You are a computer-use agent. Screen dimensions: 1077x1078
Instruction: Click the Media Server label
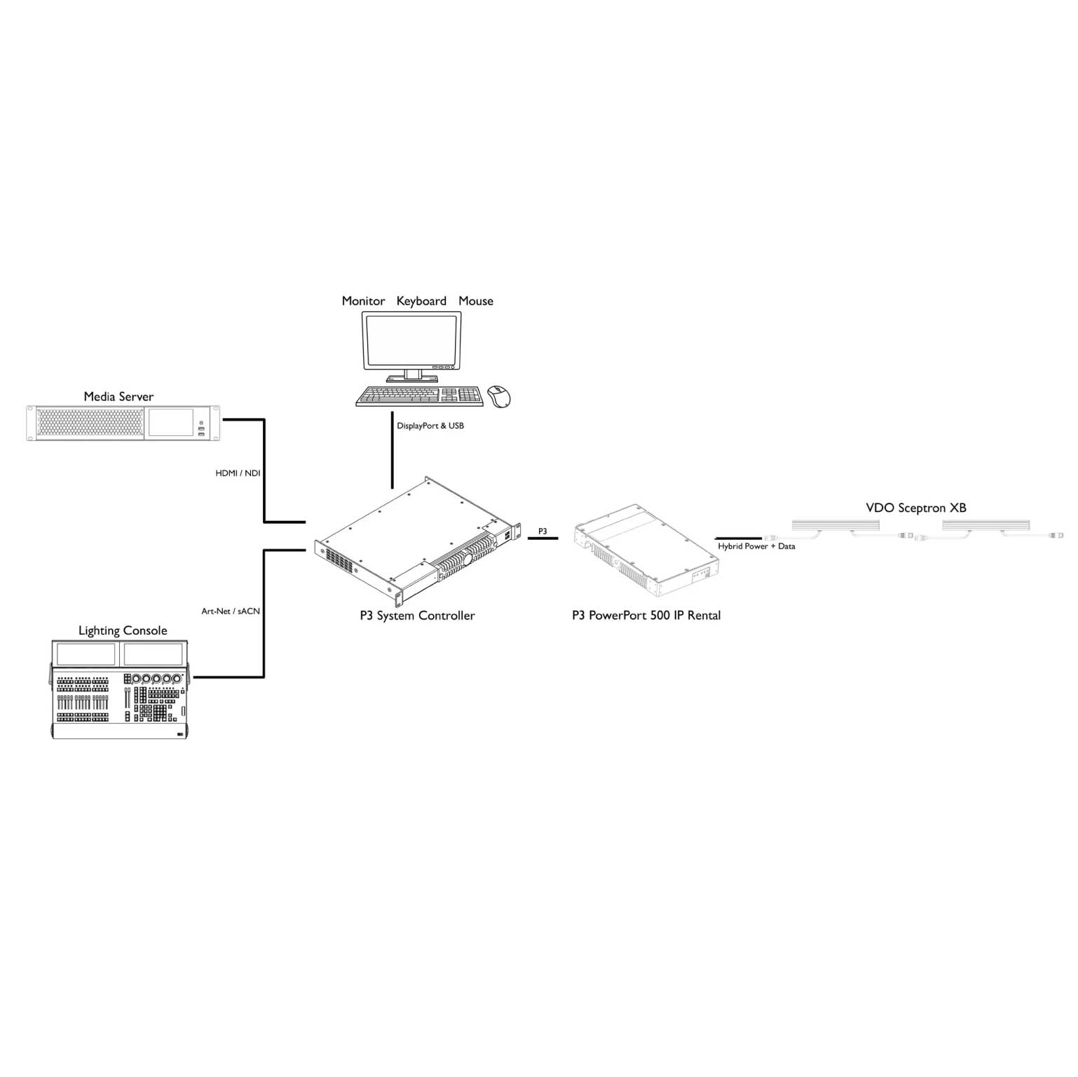pos(118,397)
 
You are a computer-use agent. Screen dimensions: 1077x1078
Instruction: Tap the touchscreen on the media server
pos(170,422)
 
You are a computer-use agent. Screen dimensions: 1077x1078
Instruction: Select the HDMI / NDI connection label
pos(238,473)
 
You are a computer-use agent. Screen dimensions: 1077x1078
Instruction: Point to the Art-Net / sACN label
pos(231,611)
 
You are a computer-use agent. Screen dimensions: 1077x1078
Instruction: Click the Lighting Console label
pos(123,631)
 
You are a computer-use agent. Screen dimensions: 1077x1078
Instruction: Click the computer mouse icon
pos(499,395)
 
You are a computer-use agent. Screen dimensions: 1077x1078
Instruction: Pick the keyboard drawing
pos(420,396)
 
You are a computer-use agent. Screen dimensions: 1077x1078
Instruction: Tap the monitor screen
pos(411,339)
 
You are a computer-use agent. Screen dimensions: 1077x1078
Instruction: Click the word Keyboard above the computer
pos(421,302)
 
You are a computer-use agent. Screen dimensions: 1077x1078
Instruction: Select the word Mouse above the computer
pos(476,302)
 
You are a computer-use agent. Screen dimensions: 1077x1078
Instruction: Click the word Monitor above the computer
pos(363,302)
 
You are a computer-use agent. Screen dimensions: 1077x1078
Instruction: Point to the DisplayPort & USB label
pos(430,426)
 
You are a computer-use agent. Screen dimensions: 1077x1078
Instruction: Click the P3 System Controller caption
pos(417,616)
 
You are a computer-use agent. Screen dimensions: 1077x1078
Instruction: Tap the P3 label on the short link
pos(543,531)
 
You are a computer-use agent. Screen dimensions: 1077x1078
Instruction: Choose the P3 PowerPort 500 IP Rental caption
pos(646,616)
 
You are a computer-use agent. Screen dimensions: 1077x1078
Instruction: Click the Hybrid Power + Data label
pos(756,546)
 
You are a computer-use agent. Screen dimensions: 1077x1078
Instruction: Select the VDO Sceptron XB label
pos(916,508)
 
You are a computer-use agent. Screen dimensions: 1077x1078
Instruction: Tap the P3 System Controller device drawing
pos(418,540)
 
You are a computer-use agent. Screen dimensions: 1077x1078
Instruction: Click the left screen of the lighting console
pos(86,655)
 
